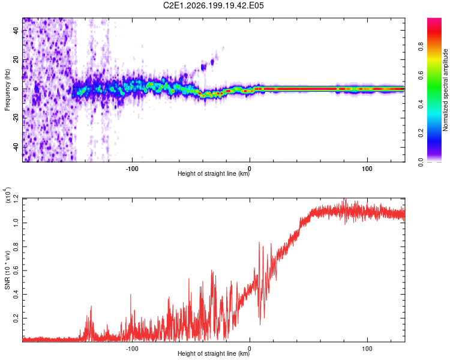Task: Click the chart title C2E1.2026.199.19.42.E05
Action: (x=213, y=5)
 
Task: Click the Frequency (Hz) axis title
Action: (x=7, y=90)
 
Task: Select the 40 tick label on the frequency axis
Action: (x=16, y=31)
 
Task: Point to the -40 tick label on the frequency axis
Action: (x=16, y=147)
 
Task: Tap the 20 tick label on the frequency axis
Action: (x=16, y=60)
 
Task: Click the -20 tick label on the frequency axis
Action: (x=16, y=118)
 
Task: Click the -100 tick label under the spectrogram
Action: (x=132, y=169)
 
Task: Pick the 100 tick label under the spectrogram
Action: (x=367, y=169)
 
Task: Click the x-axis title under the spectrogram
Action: (x=214, y=173)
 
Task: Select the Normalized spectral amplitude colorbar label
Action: (x=445, y=90)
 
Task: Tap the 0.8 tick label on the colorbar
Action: (x=421, y=46)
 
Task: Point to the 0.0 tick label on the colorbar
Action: (x=421, y=162)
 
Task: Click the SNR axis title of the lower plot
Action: (x=7, y=270)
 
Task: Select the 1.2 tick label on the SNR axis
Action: (x=16, y=199)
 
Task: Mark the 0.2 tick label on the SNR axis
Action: (x=16, y=318)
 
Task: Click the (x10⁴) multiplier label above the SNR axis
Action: (x=7, y=195)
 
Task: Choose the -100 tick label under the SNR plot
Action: (x=132, y=349)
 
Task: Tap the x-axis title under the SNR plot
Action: (x=214, y=353)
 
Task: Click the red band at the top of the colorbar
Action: (x=434, y=33)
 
